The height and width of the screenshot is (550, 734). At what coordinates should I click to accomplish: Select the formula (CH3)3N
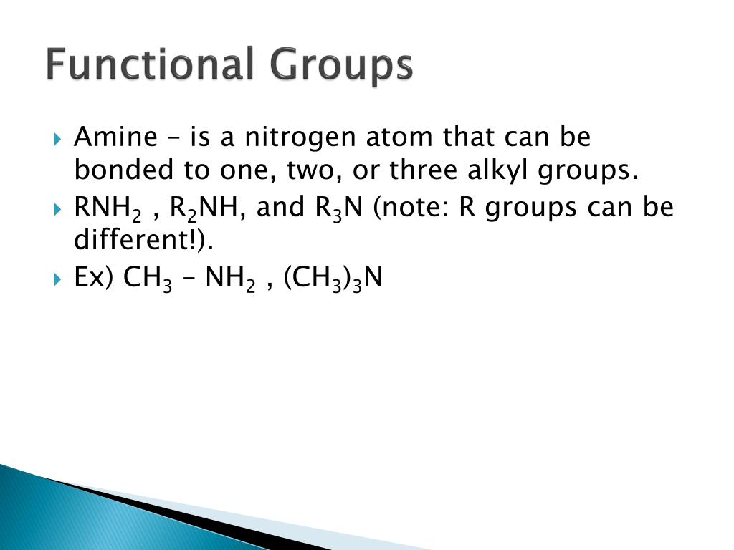[x=333, y=279]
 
